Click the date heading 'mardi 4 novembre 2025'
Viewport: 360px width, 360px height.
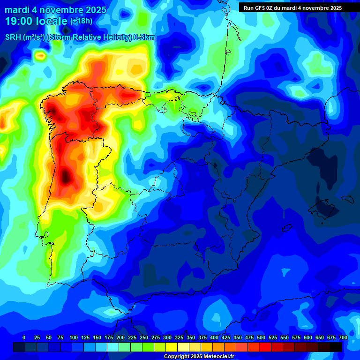point(55,9)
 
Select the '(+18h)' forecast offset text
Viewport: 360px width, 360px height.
point(81,21)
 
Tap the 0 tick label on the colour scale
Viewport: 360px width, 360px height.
point(24,337)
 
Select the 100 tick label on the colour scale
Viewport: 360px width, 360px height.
point(74,337)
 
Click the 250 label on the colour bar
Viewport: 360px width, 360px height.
point(144,337)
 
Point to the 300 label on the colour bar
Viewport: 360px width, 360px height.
point(167,337)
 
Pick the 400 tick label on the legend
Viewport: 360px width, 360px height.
point(214,337)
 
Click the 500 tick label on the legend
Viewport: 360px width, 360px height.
point(261,337)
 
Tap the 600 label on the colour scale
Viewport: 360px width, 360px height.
point(308,337)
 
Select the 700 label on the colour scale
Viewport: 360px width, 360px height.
point(343,337)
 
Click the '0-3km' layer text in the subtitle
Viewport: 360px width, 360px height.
point(144,37)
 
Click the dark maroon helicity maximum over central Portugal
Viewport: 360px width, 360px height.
point(66,177)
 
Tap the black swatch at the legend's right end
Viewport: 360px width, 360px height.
point(336,347)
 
